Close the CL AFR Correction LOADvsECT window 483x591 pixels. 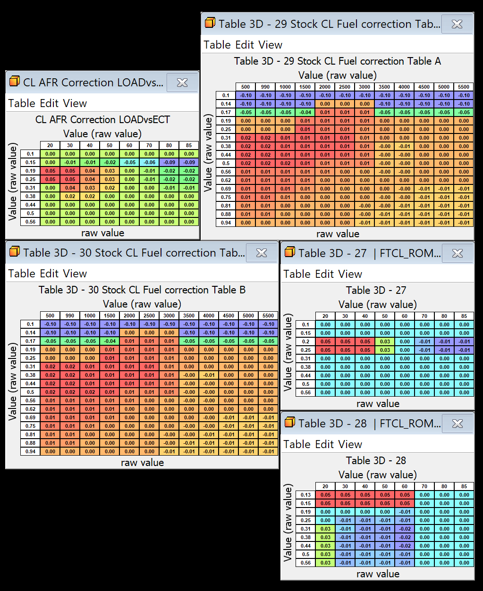(182, 83)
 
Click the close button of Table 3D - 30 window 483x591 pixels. (262, 253)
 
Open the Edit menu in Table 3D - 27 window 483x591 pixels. (322, 274)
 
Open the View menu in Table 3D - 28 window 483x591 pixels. (350, 444)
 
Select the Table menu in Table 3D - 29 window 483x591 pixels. (217, 45)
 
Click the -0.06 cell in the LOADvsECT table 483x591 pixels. (150, 162)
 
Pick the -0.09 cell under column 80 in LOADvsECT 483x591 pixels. (169, 162)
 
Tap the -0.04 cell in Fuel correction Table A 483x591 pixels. (305, 112)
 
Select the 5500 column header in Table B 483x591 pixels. (268, 316)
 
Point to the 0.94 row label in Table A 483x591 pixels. (226, 223)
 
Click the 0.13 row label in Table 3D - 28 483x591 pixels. (305, 495)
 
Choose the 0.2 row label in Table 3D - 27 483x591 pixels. (305, 341)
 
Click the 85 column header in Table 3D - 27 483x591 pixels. (464, 316)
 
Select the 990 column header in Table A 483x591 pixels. (265, 87)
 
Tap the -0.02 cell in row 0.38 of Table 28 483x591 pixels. (405, 537)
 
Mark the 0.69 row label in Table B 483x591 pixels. (30, 417)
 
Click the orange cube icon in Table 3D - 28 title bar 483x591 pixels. (290, 423)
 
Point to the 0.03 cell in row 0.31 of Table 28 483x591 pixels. (325, 529)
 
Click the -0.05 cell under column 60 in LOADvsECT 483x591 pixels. (130, 162)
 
